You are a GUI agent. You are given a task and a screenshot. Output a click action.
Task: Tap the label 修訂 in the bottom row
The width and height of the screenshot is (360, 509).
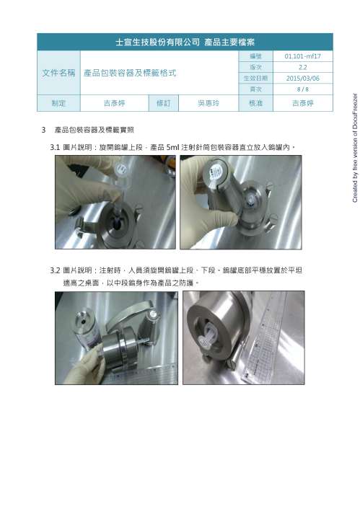click(x=163, y=104)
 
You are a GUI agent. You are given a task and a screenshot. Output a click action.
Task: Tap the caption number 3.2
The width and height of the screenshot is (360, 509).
click(x=55, y=270)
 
